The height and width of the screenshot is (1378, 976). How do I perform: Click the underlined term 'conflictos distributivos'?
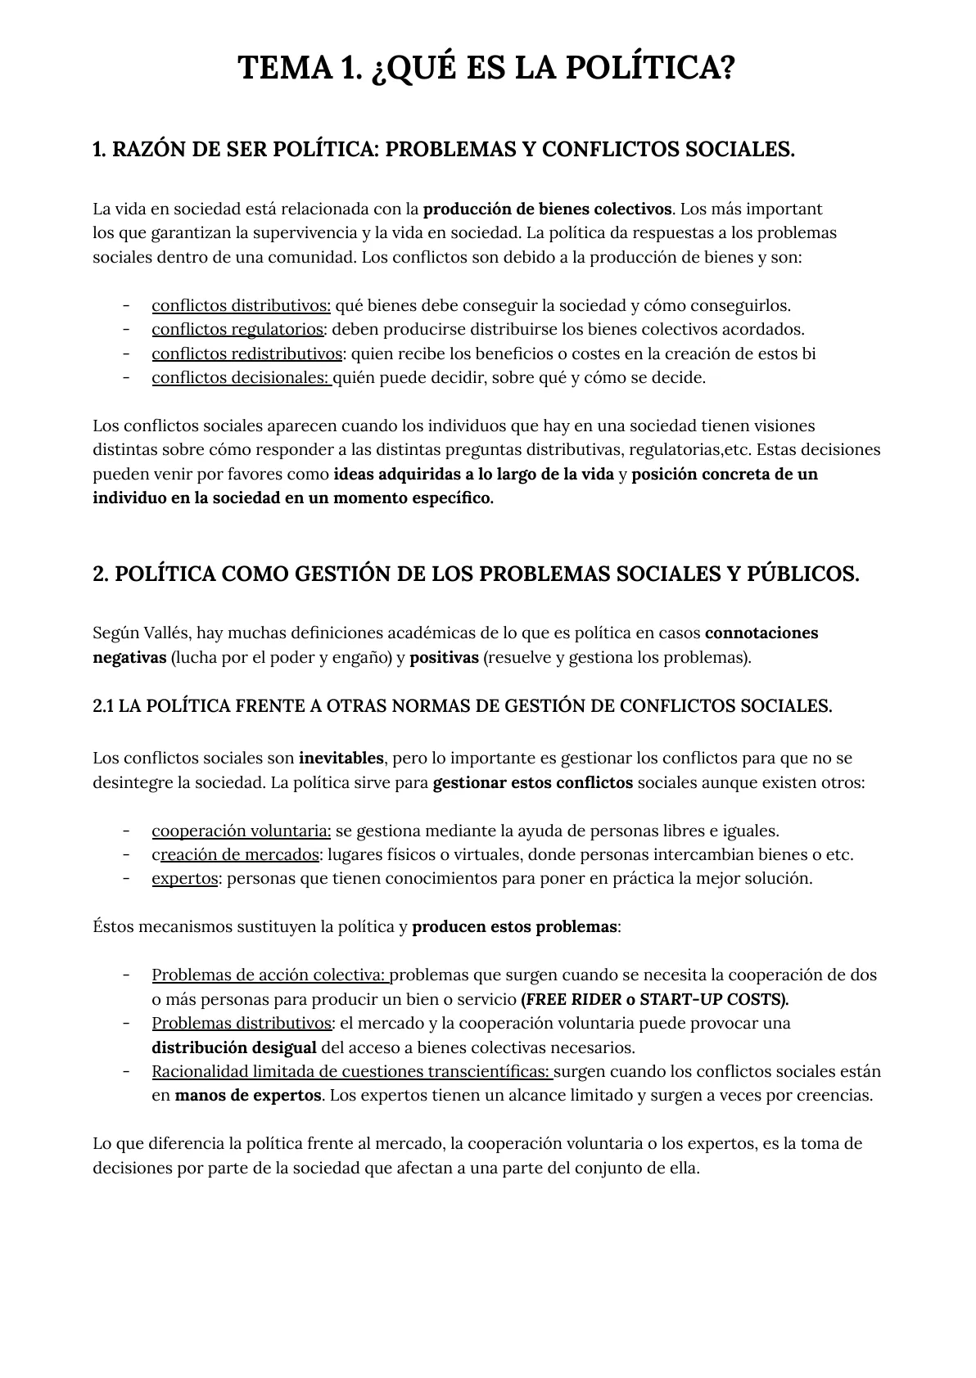coord(241,306)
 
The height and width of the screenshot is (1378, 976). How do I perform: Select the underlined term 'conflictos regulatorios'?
coord(237,330)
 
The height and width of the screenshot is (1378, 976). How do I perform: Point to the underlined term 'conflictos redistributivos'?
coord(246,354)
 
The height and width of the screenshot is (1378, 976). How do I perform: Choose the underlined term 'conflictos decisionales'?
coord(241,378)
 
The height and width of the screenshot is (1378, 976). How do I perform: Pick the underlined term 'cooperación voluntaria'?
coord(241,831)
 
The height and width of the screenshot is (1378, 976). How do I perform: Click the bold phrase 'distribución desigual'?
coord(233,1048)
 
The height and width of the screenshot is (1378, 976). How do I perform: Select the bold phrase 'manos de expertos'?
coord(247,1096)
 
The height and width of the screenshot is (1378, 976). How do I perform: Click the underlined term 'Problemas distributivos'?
coord(242,1024)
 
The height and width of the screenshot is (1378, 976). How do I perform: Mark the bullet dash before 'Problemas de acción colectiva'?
coord(127,975)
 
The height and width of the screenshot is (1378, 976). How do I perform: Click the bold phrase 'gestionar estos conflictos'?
coord(532,783)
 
